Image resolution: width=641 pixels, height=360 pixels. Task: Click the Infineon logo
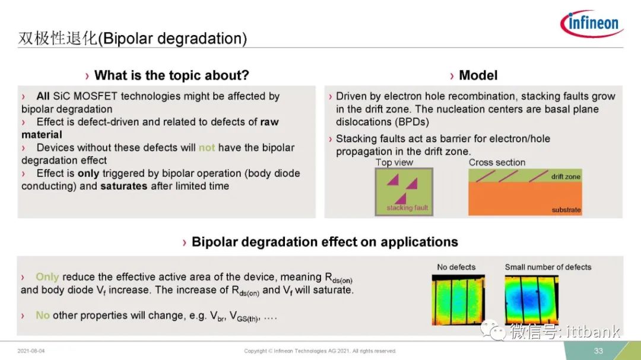(x=592, y=23)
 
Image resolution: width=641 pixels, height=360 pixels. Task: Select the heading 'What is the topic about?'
(x=172, y=75)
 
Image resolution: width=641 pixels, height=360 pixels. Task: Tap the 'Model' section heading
(x=478, y=75)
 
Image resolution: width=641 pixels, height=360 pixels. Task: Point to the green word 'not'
(x=207, y=148)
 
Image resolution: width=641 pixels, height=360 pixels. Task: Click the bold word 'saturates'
(x=123, y=186)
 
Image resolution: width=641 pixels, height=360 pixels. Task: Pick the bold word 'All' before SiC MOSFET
(x=43, y=96)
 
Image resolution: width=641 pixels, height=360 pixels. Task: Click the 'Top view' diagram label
(x=394, y=163)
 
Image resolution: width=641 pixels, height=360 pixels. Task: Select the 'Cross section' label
(x=497, y=163)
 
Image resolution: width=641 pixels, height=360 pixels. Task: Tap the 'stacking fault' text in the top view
(x=407, y=208)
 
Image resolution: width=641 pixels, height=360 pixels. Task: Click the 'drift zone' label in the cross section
(x=566, y=177)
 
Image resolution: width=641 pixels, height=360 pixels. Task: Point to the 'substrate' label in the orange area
(x=566, y=209)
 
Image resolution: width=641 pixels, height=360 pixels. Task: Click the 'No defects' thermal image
(x=458, y=300)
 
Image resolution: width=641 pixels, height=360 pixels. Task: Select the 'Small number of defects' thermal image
(x=531, y=300)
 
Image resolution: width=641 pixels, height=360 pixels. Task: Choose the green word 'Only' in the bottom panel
(x=47, y=277)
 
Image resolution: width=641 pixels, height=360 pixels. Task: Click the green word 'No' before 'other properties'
(x=43, y=316)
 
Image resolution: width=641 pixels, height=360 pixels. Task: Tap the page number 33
(x=598, y=351)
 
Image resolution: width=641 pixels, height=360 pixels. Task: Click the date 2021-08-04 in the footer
(x=31, y=351)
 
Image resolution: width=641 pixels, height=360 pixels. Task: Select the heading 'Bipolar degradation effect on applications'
(x=325, y=242)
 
